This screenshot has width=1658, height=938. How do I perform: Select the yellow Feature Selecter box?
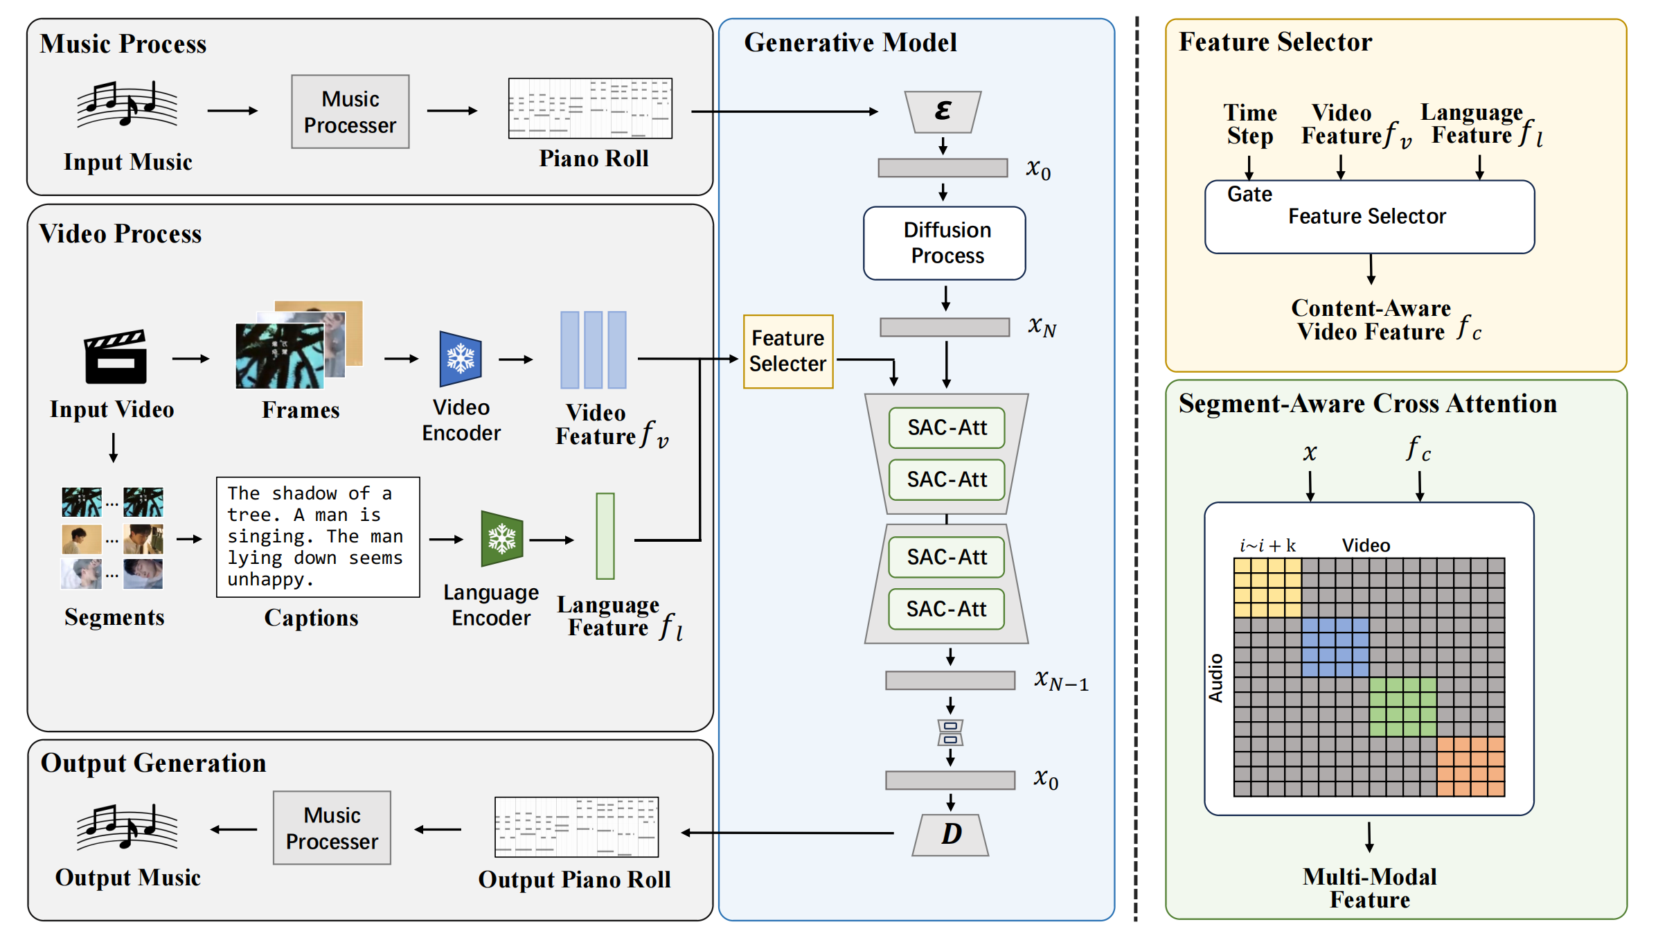point(787,351)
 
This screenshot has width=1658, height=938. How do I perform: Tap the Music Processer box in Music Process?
point(350,112)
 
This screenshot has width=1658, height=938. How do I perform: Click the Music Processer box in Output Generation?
point(332,828)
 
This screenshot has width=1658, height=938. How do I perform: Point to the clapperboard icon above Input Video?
point(116,357)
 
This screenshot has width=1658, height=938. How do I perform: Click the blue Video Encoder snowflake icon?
point(460,359)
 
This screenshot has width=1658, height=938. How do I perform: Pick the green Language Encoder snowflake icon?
point(501,538)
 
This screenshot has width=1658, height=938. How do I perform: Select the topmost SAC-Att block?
point(946,427)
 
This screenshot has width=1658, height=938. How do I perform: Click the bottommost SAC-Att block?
point(946,609)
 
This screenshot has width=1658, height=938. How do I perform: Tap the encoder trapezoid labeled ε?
point(943,112)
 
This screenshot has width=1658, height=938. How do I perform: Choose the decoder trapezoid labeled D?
point(950,834)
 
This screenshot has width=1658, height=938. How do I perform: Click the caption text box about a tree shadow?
point(318,537)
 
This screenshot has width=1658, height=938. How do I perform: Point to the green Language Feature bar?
point(605,536)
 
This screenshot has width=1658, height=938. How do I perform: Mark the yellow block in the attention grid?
point(1267,587)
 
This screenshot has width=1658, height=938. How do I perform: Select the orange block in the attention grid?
point(1470,766)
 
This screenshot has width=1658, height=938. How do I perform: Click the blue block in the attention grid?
point(1335,647)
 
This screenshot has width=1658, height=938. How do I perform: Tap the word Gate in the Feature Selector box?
point(1249,194)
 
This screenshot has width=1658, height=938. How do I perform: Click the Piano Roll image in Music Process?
point(590,108)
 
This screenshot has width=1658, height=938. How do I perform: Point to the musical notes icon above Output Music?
point(127,826)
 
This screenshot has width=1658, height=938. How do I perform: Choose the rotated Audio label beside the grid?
point(1215,678)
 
